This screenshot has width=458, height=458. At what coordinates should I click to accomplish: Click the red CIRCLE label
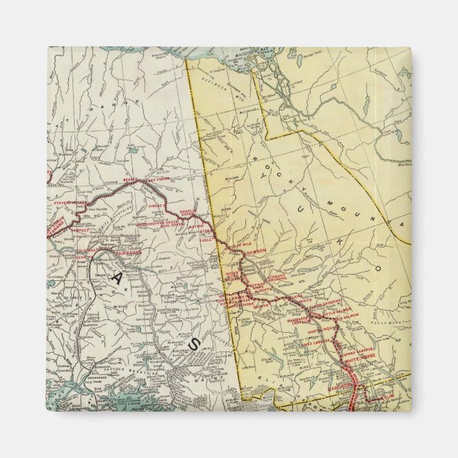(152, 206)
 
